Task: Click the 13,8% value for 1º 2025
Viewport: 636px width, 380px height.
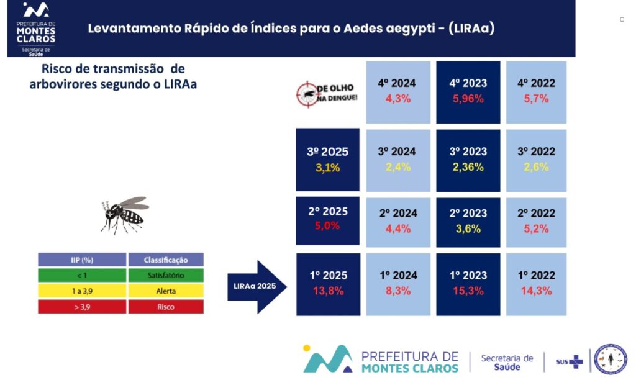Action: pos(328,291)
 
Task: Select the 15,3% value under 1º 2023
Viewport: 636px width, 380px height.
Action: pos(468,291)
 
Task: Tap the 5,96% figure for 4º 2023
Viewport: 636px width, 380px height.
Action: pos(468,99)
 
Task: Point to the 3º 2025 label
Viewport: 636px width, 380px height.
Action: pos(328,152)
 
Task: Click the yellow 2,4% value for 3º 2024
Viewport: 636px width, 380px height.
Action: pos(397,166)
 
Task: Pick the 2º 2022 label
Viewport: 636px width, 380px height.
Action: pos(535,213)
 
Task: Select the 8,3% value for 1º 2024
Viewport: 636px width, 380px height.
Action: pos(397,291)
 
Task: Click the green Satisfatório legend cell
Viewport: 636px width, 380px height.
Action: pos(165,275)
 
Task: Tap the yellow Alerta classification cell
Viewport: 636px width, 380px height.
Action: pos(165,291)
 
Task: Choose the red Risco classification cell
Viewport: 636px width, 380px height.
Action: pos(165,307)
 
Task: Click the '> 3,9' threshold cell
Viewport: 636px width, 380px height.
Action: pos(82,307)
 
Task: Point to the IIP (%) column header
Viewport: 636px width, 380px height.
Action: pos(82,260)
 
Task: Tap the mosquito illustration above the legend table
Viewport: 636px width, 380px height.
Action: pos(125,214)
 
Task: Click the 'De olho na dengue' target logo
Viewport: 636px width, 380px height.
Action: pos(327,94)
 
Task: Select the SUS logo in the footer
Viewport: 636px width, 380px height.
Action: pos(570,361)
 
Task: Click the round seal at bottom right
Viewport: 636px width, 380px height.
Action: pos(610,360)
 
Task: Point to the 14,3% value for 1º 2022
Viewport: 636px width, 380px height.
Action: pos(535,291)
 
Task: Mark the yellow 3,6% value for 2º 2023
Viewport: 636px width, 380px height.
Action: pos(468,228)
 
